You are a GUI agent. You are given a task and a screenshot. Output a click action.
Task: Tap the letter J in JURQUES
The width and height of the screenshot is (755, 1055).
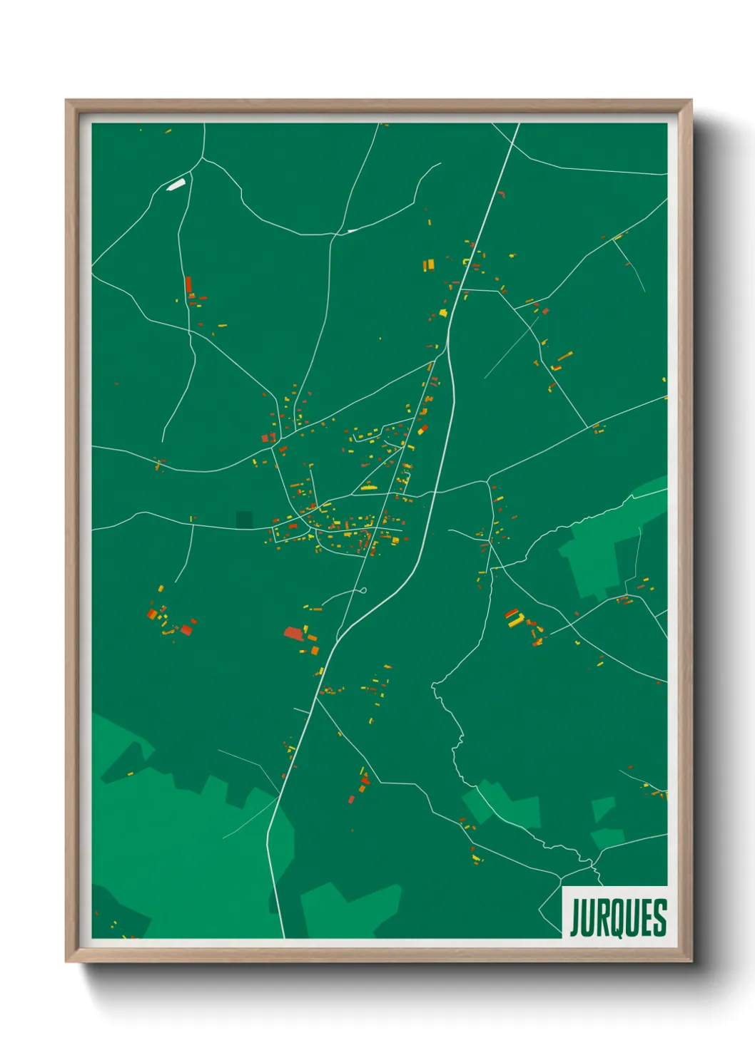coord(574,918)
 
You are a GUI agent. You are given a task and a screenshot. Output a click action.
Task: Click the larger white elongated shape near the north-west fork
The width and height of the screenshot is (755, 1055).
coord(176,185)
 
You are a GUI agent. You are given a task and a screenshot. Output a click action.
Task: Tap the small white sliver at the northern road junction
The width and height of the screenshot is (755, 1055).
coord(351,231)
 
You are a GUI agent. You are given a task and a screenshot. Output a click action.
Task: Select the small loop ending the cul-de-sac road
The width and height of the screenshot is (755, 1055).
coord(363,590)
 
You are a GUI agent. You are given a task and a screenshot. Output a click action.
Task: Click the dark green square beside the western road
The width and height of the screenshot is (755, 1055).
coord(244,520)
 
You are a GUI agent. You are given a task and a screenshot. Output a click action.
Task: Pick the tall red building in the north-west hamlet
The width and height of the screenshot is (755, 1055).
coord(188,285)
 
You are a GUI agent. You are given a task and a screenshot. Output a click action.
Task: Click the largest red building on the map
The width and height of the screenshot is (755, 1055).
coord(293,633)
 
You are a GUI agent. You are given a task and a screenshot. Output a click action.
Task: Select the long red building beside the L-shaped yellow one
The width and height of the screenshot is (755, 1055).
coord(511,612)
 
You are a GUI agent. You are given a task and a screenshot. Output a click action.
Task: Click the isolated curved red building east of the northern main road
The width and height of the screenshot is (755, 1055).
coord(501,193)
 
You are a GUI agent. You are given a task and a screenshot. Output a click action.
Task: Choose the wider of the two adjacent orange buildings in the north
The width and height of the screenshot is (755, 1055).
coord(429,266)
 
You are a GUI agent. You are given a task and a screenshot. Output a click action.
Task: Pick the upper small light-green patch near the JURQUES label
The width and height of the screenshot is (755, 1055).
coord(603,808)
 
